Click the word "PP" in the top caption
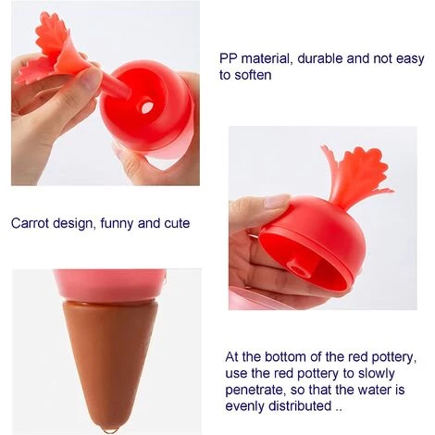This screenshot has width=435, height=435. [x=229, y=58]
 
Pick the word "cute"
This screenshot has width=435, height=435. [x=177, y=223]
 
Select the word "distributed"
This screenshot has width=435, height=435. [x=300, y=406]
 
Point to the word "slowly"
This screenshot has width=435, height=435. [x=376, y=374]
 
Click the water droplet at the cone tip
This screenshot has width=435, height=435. [x=110, y=429]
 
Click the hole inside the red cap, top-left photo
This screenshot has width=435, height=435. [x=147, y=106]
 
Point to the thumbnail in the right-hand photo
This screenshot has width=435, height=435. [x=277, y=201]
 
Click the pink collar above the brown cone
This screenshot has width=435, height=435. [x=109, y=285]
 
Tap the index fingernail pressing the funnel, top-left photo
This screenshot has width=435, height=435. [x=92, y=78]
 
